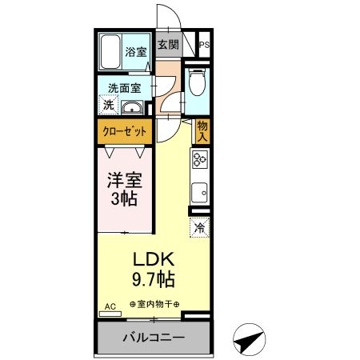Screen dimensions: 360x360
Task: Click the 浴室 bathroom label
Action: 136,53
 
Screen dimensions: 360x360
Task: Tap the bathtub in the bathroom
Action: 110,52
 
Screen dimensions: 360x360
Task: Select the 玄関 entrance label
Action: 167,46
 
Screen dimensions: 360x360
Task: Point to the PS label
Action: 205,46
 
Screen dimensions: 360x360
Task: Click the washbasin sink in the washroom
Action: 131,107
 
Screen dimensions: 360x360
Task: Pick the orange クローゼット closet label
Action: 123,130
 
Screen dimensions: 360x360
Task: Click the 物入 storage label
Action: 202,130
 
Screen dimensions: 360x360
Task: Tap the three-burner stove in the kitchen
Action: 199,161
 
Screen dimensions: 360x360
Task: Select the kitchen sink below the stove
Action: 199,192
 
